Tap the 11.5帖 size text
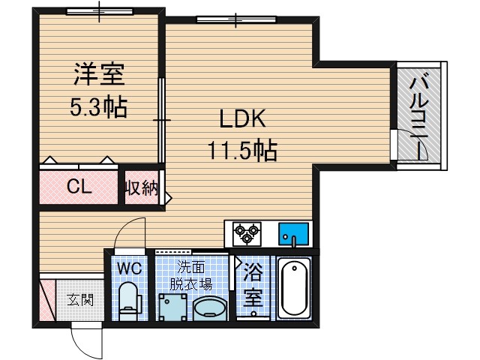[x=242, y=151]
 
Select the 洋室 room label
[x=98, y=76]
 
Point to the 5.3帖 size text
[x=98, y=106]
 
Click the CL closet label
[x=79, y=187]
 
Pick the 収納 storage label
[x=141, y=187]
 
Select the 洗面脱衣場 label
[x=193, y=274]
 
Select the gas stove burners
[x=245, y=235]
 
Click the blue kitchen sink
[x=293, y=235]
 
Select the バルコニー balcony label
[x=420, y=112]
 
